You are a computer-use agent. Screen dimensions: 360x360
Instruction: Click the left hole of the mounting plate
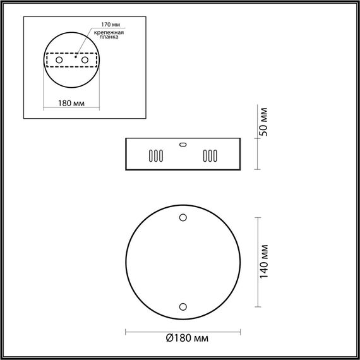click(x=60, y=59)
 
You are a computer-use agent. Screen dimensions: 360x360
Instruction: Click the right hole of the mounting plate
click(x=83, y=59)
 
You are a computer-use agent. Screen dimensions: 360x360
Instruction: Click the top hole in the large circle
click(x=183, y=218)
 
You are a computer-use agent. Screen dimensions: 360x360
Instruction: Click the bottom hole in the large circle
click(x=183, y=306)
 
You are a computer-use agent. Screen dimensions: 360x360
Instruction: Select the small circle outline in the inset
click(x=71, y=57)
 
